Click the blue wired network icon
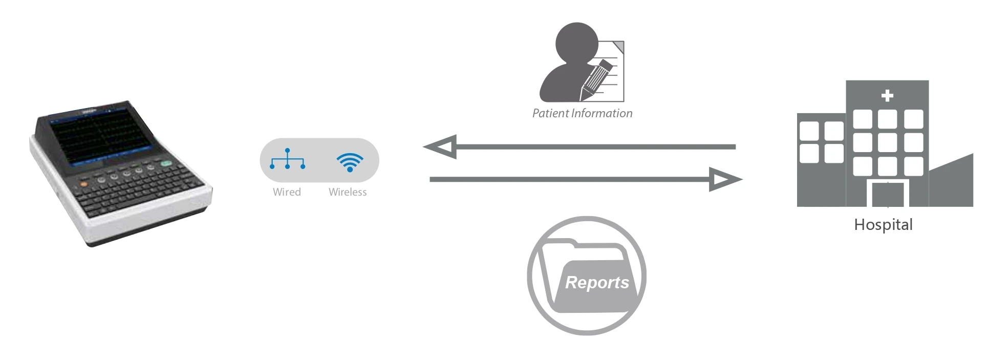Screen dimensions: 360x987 [x=287, y=159]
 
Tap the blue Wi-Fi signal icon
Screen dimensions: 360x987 [x=350, y=162]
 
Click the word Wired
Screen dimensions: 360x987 [x=287, y=192]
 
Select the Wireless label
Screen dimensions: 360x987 [x=348, y=192]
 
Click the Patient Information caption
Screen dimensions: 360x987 [x=582, y=113]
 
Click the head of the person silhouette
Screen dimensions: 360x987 [x=577, y=42]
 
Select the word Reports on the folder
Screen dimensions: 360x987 [x=597, y=282]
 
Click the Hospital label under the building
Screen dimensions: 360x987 [x=883, y=225]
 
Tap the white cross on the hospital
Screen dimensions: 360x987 [x=887, y=96]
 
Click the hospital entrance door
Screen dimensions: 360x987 [x=888, y=194]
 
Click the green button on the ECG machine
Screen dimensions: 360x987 [x=166, y=164]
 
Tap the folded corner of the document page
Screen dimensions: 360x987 [x=619, y=47]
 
